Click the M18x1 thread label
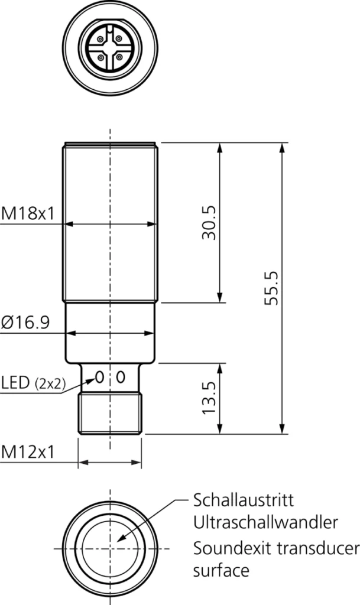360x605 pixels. click(x=27, y=213)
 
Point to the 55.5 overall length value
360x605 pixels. click(x=271, y=288)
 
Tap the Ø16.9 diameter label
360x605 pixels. click(x=25, y=323)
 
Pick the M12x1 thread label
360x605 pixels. click(x=27, y=452)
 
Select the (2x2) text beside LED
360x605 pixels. click(x=50, y=383)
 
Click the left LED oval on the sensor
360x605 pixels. click(x=99, y=376)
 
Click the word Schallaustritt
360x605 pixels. click(x=243, y=501)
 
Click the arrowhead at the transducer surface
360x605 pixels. click(x=120, y=539)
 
